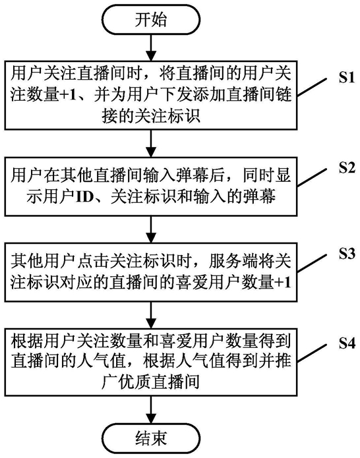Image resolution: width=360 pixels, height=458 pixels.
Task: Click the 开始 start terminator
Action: point(151,19)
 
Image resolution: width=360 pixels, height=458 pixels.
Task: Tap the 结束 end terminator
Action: point(151,438)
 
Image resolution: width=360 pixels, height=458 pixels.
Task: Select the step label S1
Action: point(347,78)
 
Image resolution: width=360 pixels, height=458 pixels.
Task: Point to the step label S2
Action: point(347,168)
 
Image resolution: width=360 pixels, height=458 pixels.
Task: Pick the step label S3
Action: point(347,254)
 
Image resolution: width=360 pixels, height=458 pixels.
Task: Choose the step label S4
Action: point(347,344)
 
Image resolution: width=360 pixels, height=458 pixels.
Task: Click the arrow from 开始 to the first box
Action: point(151,47)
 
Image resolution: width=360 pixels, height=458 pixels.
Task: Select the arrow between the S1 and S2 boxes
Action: point(151,144)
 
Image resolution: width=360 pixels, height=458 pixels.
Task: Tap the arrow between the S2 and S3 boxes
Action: point(151,229)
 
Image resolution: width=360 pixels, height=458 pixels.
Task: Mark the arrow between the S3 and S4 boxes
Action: point(151,315)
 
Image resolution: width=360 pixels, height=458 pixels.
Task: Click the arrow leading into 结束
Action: point(151,410)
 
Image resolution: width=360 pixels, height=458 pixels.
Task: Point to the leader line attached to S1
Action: point(312,87)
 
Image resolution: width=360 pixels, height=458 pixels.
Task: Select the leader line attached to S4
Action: point(312,353)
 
